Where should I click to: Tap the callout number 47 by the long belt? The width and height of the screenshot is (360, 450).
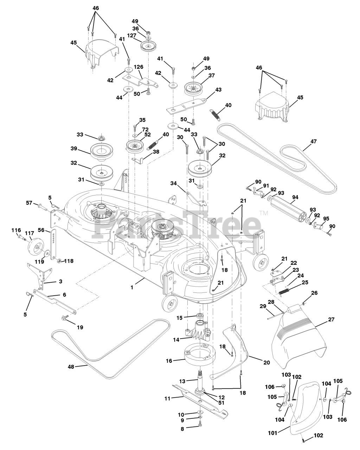pyautogui.click(x=313, y=141)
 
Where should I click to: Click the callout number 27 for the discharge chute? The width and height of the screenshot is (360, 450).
pyautogui.click(x=331, y=320)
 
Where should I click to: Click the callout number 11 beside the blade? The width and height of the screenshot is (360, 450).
pyautogui.click(x=168, y=399)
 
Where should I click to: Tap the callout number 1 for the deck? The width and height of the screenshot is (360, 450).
pyautogui.click(x=132, y=287)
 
